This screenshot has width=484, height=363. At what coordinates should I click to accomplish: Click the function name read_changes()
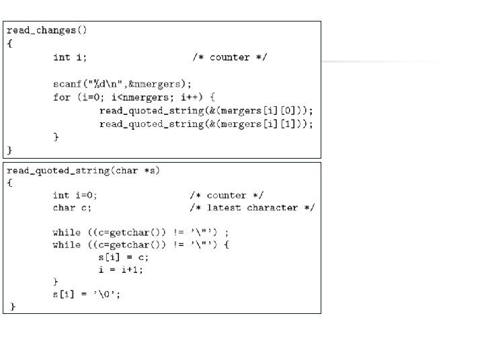click(47, 30)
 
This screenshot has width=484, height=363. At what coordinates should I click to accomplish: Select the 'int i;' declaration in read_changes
click(70, 57)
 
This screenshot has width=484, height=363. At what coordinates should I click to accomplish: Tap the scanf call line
click(122, 84)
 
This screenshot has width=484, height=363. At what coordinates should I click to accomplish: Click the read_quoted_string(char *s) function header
click(83, 171)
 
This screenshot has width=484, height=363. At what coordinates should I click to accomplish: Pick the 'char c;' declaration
click(72, 208)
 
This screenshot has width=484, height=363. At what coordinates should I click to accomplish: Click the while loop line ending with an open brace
click(141, 245)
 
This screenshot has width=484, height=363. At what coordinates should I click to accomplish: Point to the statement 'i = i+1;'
click(121, 270)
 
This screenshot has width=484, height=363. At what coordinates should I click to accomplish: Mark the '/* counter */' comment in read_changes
click(229, 57)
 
